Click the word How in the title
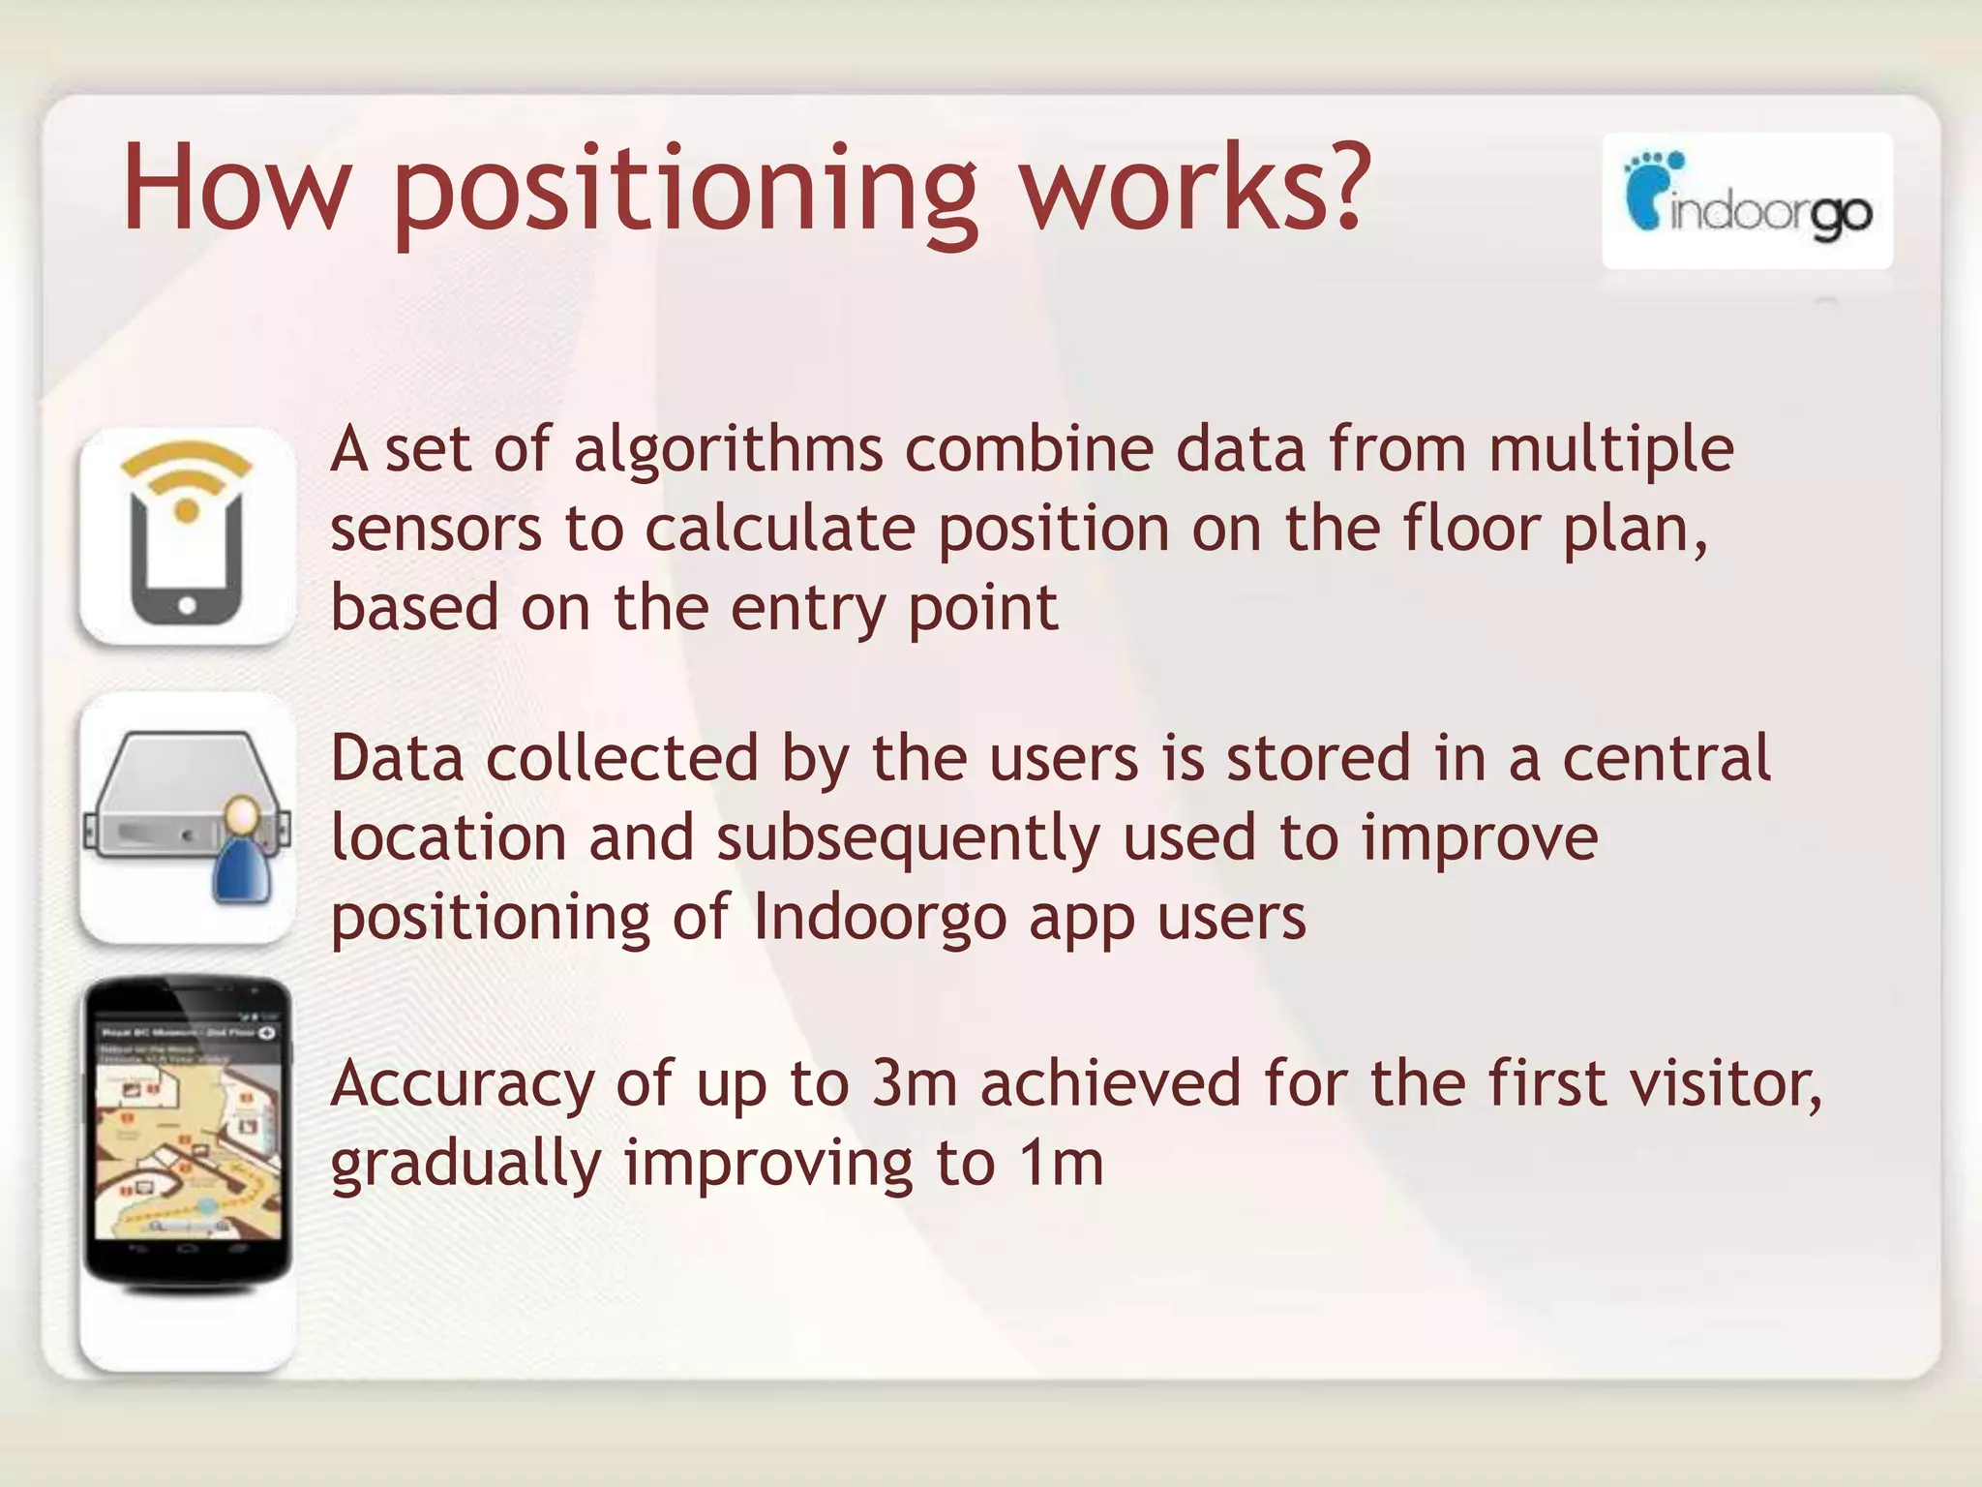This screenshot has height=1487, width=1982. [x=235, y=190]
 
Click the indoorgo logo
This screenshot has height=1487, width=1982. [x=1747, y=201]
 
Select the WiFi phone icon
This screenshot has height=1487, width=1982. [x=188, y=536]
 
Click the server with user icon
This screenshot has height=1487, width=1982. [x=188, y=818]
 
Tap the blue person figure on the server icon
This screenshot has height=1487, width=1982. [x=241, y=856]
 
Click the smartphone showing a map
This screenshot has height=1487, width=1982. [x=188, y=1133]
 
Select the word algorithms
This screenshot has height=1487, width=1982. [x=728, y=451]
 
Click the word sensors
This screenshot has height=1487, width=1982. [x=435, y=531]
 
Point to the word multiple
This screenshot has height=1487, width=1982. [x=1610, y=451]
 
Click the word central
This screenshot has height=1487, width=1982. [x=1667, y=759]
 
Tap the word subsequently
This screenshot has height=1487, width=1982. [x=908, y=838]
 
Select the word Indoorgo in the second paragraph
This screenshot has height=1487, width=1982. [x=880, y=917]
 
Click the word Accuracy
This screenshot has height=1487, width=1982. [x=462, y=1085]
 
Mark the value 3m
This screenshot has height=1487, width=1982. [x=914, y=1084]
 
